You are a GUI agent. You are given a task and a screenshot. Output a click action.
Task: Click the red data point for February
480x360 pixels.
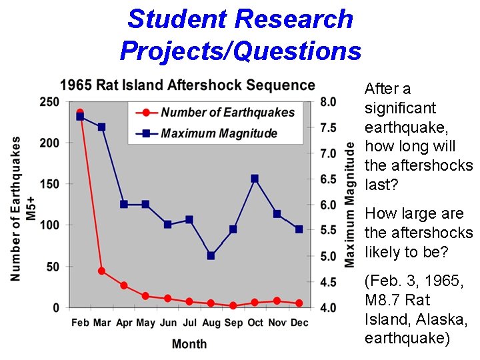(x=80, y=113)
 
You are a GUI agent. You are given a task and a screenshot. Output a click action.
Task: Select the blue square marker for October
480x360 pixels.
(x=255, y=179)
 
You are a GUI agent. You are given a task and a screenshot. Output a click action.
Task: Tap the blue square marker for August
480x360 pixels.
(x=211, y=255)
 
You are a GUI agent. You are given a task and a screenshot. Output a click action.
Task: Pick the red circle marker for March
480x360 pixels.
(x=102, y=271)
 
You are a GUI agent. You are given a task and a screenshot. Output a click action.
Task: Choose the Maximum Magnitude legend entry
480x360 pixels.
(x=219, y=133)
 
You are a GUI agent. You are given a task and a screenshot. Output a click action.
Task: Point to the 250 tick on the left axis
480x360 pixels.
(x=49, y=102)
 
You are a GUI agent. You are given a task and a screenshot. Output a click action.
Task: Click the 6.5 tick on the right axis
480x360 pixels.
(x=329, y=179)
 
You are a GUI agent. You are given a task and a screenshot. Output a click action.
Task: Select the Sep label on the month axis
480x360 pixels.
(x=233, y=323)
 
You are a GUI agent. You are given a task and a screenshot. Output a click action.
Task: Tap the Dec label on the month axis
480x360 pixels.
(x=299, y=323)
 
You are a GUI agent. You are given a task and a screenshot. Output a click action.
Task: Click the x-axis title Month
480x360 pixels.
(x=189, y=344)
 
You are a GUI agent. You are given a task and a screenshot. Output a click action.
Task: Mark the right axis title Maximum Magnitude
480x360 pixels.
(x=349, y=205)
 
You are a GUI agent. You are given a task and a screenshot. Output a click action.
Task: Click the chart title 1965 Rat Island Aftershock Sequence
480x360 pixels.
(x=187, y=85)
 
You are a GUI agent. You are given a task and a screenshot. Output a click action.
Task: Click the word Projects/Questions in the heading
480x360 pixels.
(x=241, y=50)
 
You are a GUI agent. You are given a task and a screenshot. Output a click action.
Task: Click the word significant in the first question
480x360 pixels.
(x=400, y=108)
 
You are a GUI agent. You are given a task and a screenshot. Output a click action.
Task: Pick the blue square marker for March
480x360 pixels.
(x=102, y=127)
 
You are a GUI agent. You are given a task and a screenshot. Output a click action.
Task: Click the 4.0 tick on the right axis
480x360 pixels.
(x=329, y=307)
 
